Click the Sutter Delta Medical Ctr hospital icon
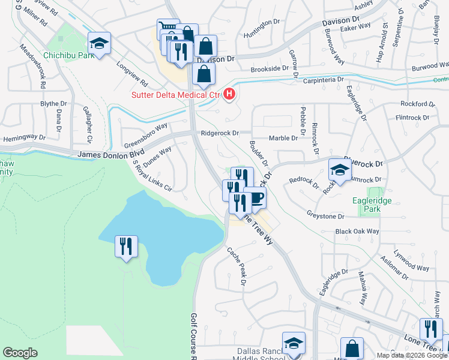229,94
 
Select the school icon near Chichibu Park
99,43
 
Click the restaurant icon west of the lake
126,246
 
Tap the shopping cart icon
169,29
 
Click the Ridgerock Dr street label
220,133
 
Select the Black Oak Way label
357,232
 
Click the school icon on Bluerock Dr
339,169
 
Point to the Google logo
20,353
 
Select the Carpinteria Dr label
323,79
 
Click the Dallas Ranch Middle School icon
294,343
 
